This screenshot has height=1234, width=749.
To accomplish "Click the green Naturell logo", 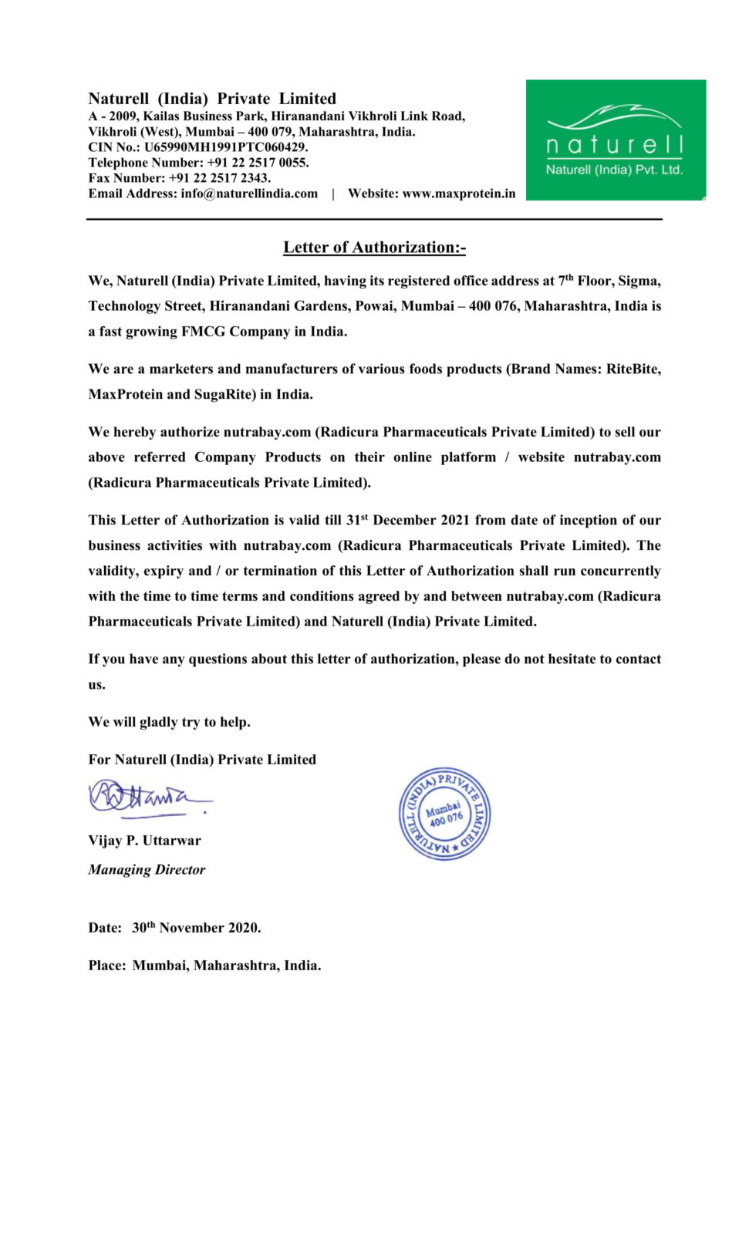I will pyautogui.click(x=616, y=140).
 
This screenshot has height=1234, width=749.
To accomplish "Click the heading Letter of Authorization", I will pyautogui.click(x=374, y=248).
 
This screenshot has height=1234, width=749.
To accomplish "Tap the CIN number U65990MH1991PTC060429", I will pyautogui.click(x=225, y=147).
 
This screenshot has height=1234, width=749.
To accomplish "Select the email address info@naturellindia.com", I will pyautogui.click(x=249, y=194).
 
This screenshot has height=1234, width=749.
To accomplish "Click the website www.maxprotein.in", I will pyautogui.click(x=458, y=194).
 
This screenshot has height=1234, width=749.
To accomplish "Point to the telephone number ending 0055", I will pyautogui.click(x=258, y=163).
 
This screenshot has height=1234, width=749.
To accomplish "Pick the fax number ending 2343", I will pyautogui.click(x=219, y=178).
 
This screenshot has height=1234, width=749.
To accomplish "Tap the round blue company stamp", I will pyautogui.click(x=444, y=814).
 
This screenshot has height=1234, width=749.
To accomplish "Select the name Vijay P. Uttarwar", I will pyautogui.click(x=144, y=841).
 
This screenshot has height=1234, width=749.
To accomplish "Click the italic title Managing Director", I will pyautogui.click(x=147, y=870).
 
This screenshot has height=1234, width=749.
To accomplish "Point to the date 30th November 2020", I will pyautogui.click(x=196, y=928).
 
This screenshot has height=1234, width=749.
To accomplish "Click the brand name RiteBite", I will pyautogui.click(x=633, y=369).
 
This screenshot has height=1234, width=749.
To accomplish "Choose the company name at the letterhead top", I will pyautogui.click(x=212, y=99).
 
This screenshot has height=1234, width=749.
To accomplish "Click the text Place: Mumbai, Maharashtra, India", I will pyautogui.click(x=204, y=966).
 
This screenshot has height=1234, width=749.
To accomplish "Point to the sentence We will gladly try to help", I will pyautogui.click(x=169, y=723).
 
